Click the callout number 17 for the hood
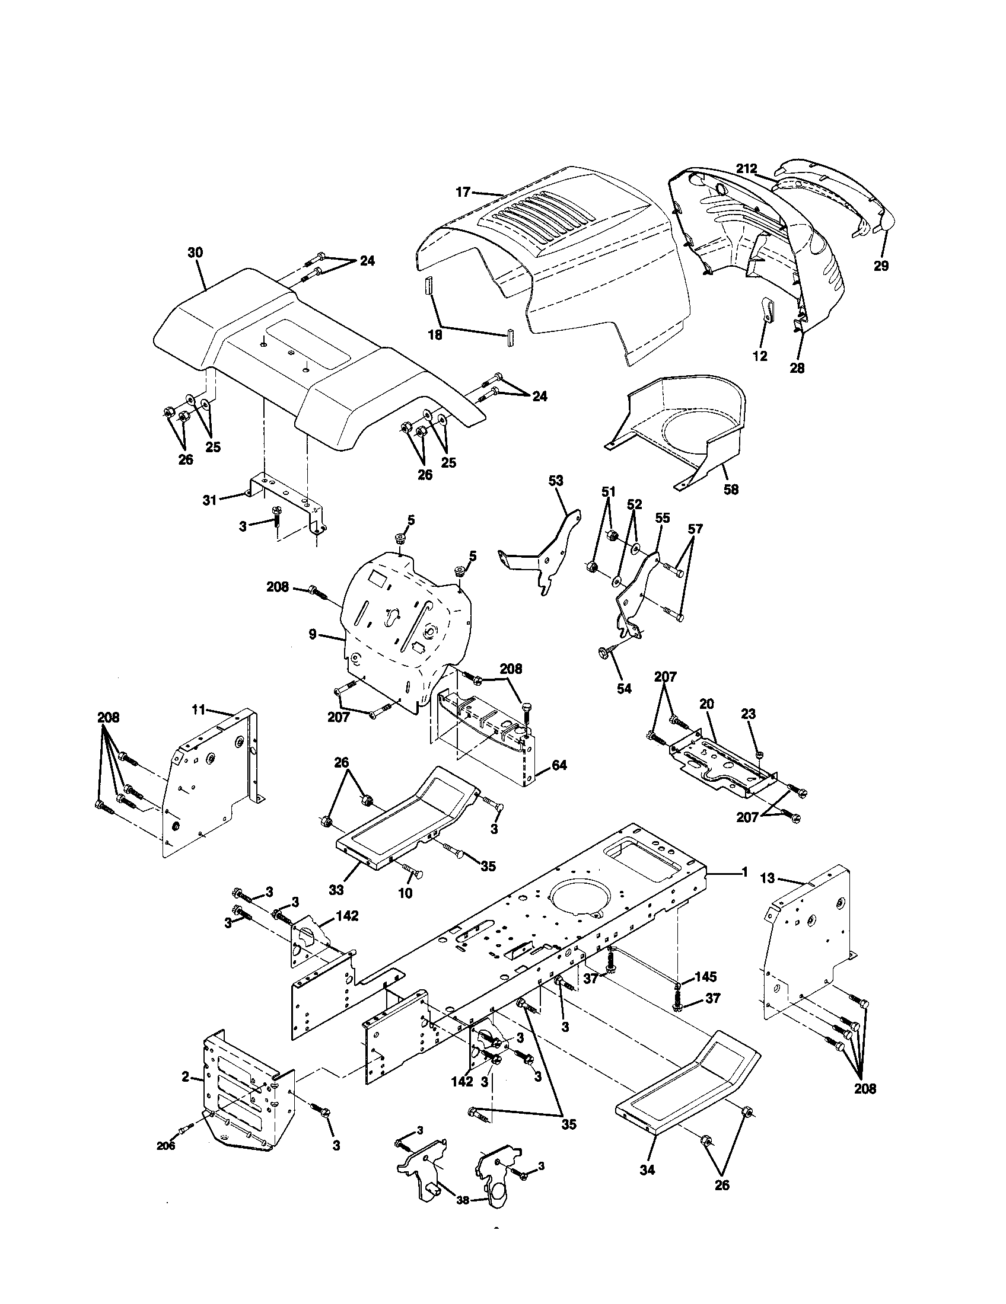point(463,192)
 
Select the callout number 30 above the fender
point(195,253)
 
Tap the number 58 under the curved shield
point(731,490)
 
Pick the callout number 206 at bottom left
point(165,1146)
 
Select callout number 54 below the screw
point(623,688)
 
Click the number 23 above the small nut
point(748,714)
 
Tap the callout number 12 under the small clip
point(760,356)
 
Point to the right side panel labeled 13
point(807,950)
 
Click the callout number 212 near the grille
point(746,169)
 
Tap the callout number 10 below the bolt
point(405,893)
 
